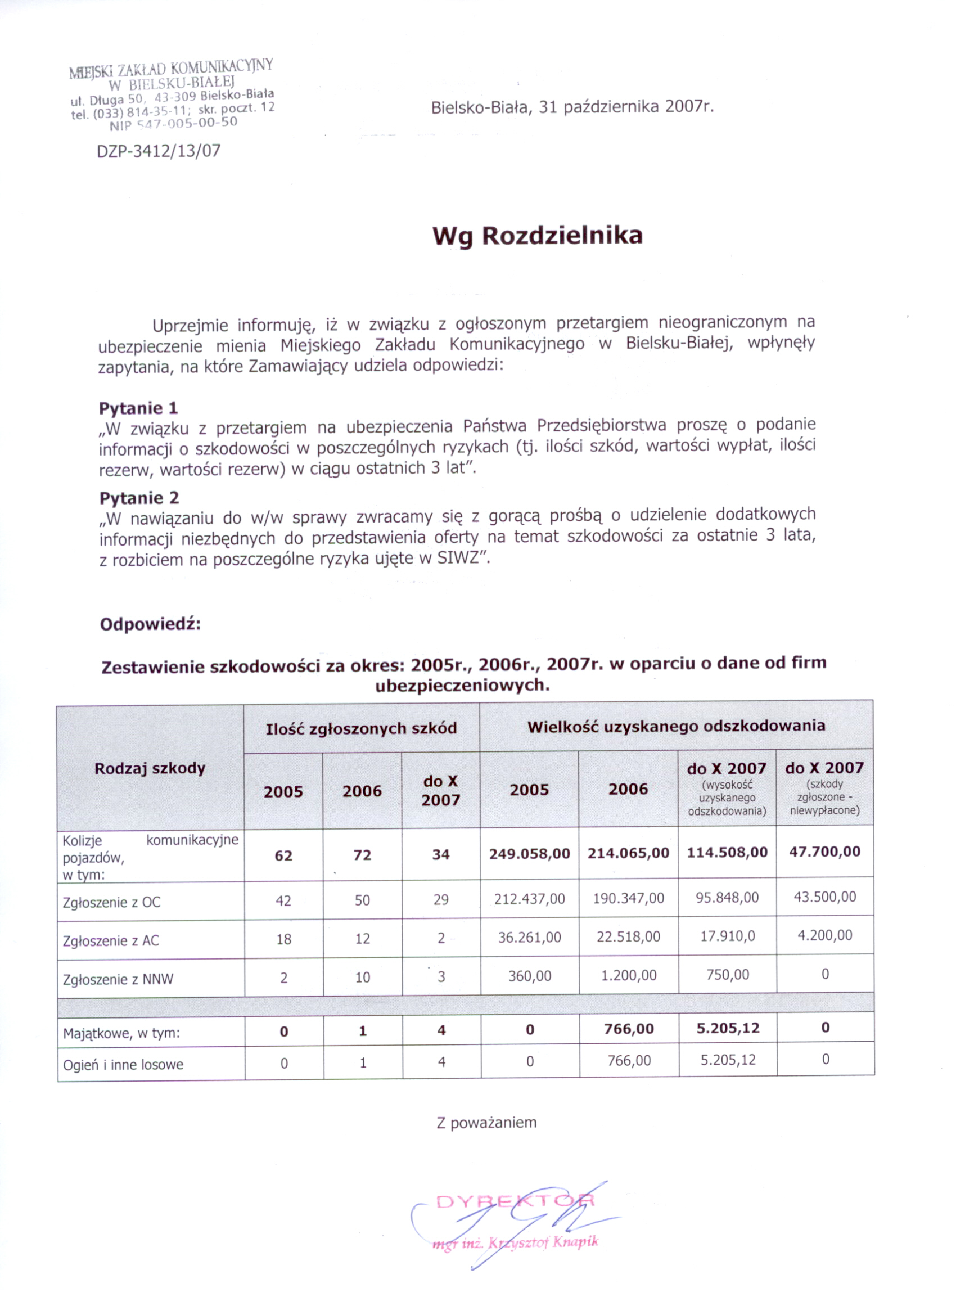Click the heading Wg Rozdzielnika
pos(538,236)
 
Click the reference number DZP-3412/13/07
pos(159,151)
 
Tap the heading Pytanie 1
pos(138,408)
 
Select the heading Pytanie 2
pos(139,498)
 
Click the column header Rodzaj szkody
pos(150,769)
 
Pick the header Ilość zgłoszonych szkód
pos(361,728)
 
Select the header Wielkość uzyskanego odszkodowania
pos(676,726)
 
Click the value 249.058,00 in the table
pos(529,854)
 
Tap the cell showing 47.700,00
pos(824,852)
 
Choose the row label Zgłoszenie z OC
pos(112,902)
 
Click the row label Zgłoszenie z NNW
pos(118,979)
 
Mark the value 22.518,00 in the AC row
pos(629,937)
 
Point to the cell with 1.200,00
pos(629,976)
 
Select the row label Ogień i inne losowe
pos(123,1065)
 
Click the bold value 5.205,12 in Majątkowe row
pos(728,1029)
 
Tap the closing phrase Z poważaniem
pos(486,1123)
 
